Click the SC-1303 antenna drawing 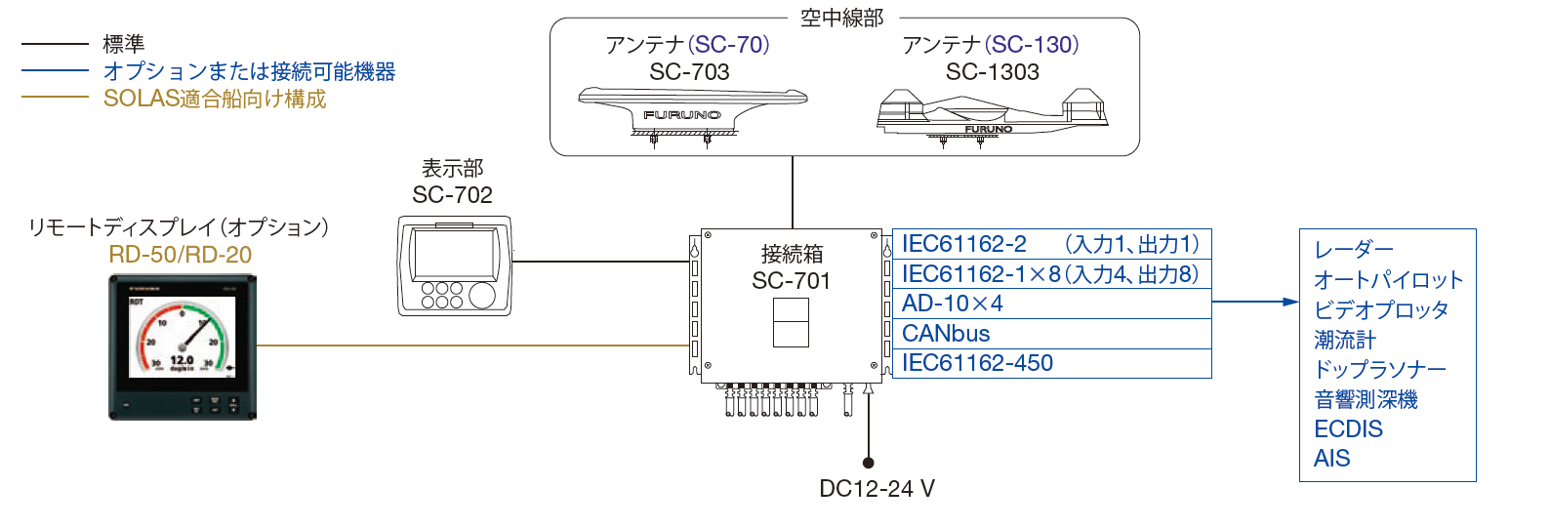pos(992,116)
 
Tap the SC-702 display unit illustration pos(455,265)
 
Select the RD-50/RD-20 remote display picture pos(183,347)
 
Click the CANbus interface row pos(1051,334)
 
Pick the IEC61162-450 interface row pos(1051,363)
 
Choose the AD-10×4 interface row pos(1051,304)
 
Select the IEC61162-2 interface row pos(1051,244)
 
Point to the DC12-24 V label pos(877,489)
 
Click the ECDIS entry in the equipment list pos(1348,429)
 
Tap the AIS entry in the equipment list pos(1331,459)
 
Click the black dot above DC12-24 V pos(869,463)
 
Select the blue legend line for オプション pos(55,70)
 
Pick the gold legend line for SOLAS pos(55,97)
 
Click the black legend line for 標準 pos(55,44)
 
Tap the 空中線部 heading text pos(841,18)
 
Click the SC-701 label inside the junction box pos(791,281)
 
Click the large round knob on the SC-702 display pos(481,295)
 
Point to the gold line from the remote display pos(473,345)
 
